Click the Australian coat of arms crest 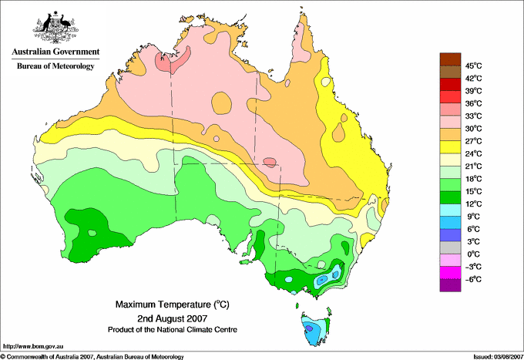[x=55, y=28]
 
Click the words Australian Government [x=55, y=52]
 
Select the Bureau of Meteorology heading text [x=55, y=66]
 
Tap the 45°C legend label [x=474, y=66]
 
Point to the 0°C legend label [x=474, y=254]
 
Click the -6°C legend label [x=473, y=279]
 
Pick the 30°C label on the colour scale [x=474, y=129]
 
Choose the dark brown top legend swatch [x=450, y=59]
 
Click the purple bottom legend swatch [x=450, y=285]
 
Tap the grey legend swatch [x=450, y=247]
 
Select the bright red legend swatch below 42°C [x=450, y=84]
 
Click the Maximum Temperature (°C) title [x=173, y=304]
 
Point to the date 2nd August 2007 [x=173, y=318]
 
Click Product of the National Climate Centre [x=173, y=330]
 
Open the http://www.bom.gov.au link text [x=33, y=347]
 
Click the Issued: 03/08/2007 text [x=499, y=357]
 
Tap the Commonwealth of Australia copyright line [x=92, y=357]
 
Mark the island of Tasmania [x=315, y=328]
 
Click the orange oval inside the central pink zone [x=221, y=102]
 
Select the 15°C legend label [x=474, y=191]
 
